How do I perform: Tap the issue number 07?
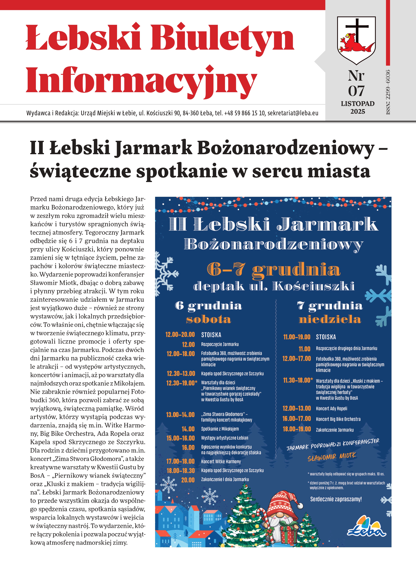[x=356, y=91]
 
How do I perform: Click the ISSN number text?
[x=388, y=92]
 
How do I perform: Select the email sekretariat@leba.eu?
[x=293, y=113]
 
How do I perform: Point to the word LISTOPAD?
[x=358, y=104]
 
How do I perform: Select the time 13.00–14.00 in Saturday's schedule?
[x=180, y=415]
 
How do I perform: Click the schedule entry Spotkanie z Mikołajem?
[x=220, y=429]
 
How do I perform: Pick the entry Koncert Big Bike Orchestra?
[x=338, y=419]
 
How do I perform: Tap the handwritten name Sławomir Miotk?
[x=332, y=457]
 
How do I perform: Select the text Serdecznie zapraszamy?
[x=336, y=499]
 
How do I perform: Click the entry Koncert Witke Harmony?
[x=221, y=461]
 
